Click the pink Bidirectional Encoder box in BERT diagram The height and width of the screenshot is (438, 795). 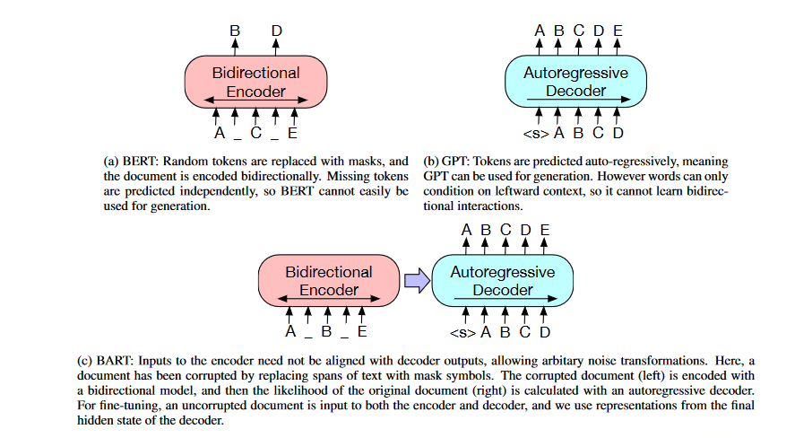coord(255,81)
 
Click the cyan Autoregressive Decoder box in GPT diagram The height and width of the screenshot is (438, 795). coord(575,81)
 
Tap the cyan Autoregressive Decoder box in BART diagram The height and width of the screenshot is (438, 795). coord(502,280)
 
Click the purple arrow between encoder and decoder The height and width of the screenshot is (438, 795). coord(416,281)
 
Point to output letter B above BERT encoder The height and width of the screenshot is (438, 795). coord(235,31)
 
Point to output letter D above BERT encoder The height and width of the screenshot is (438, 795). coord(277,31)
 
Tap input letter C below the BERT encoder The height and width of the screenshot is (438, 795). coord(255,134)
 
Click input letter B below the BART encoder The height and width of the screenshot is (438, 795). coord(326,332)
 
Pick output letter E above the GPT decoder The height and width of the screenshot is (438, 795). coord(618,31)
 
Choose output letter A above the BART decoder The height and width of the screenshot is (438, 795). coord(466,230)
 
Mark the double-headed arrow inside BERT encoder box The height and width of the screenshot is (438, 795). coord(255,99)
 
